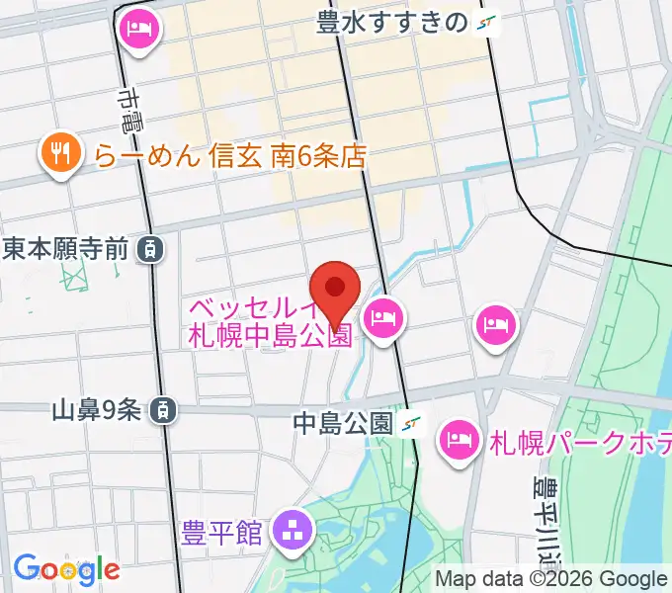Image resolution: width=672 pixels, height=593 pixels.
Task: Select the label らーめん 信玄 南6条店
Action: click(x=230, y=155)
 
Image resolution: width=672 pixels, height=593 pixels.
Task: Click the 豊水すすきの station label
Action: click(x=390, y=23)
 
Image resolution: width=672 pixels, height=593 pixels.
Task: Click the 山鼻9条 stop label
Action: click(x=96, y=408)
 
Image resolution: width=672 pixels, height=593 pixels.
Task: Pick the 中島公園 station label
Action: click(x=343, y=424)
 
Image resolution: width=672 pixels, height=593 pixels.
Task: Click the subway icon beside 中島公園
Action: click(x=413, y=424)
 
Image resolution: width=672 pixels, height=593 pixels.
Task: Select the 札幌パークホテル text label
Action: click(x=581, y=441)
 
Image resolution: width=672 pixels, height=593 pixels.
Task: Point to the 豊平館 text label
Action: click(x=222, y=534)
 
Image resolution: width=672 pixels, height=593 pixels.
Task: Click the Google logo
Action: click(x=66, y=568)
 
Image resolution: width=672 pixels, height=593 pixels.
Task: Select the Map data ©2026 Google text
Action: click(x=551, y=579)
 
